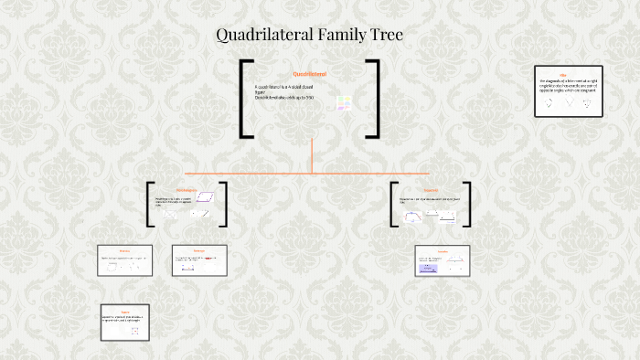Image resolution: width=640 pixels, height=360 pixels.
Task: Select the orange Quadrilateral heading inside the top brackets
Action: [x=311, y=73]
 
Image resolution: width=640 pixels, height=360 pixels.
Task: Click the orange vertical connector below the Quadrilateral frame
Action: [x=312, y=155]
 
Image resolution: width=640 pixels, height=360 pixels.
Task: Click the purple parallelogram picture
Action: [x=210, y=196]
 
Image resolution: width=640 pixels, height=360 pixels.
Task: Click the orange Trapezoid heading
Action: [x=431, y=191]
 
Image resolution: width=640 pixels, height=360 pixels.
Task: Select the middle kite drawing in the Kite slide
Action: [x=569, y=103]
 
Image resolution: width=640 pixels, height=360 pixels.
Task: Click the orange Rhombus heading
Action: [x=124, y=250]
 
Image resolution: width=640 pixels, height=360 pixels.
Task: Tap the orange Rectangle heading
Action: [x=198, y=250]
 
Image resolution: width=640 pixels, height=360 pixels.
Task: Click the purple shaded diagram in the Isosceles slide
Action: [x=430, y=268]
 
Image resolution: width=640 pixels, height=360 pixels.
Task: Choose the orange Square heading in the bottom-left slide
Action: [x=126, y=311]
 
